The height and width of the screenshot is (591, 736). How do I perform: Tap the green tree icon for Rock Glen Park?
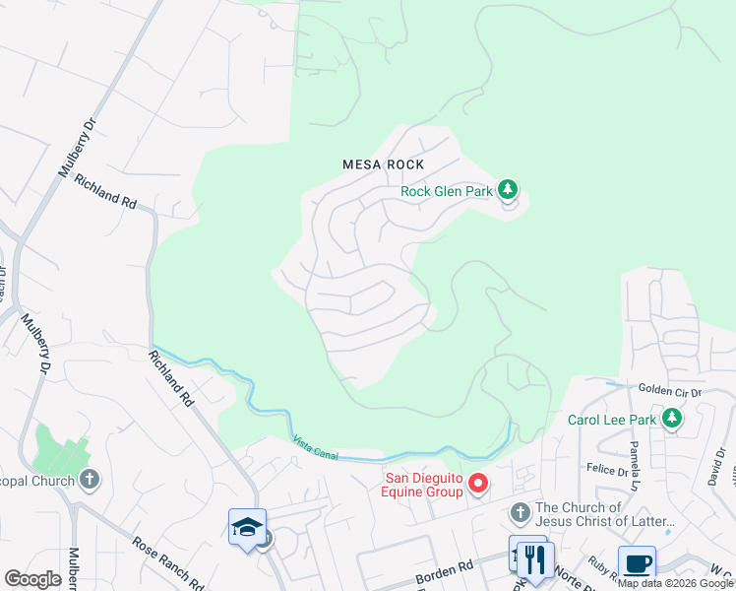coord(507,188)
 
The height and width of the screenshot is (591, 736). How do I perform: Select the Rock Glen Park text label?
coord(446,191)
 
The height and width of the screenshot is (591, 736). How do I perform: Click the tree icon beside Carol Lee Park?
coord(672,419)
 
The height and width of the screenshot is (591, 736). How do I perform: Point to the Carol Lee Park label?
coord(611,420)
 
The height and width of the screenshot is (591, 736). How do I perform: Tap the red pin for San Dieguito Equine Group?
coord(478,483)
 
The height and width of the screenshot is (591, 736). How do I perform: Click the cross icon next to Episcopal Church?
coord(89,480)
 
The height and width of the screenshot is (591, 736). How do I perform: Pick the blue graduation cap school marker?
coord(246,527)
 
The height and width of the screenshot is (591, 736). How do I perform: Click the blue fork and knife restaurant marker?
coord(535,559)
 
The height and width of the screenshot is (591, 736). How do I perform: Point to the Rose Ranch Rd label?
coord(166,560)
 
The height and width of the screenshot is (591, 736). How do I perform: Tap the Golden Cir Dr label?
coord(669,391)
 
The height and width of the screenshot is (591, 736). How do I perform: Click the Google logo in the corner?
coord(32,578)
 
